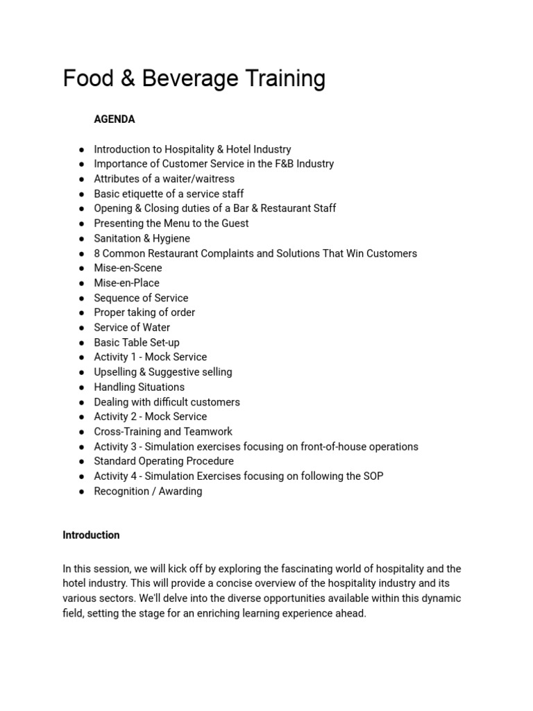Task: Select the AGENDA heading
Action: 115,119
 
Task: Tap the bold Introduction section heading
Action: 91,535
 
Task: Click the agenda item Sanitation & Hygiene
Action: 142,238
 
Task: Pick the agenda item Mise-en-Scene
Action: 128,268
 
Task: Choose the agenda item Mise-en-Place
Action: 126,283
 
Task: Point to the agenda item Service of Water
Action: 132,328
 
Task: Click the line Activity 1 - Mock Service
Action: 151,357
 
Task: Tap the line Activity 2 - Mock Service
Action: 151,417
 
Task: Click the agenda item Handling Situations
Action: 139,387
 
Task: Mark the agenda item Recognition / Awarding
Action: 148,492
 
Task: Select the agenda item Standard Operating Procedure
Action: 164,461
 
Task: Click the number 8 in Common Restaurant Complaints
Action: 97,253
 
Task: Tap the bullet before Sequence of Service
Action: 81,299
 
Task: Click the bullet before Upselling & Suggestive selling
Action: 81,373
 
